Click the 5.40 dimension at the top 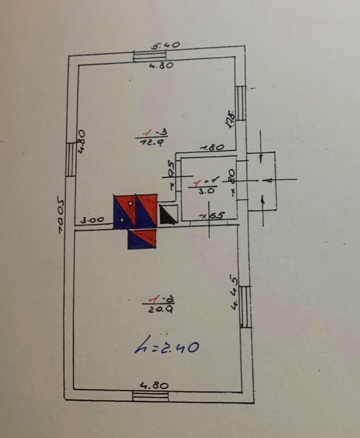click(x=166, y=45)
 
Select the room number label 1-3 click(x=151, y=133)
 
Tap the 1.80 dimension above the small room click(x=212, y=148)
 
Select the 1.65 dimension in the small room click(x=211, y=215)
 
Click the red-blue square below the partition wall click(x=142, y=239)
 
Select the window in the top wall click(x=150, y=56)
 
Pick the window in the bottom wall click(x=151, y=396)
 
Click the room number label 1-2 click(x=160, y=300)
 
